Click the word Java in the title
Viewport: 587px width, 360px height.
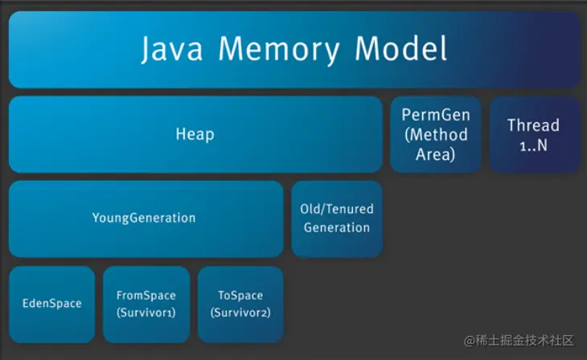pos(173,49)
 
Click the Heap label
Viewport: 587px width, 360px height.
pos(195,133)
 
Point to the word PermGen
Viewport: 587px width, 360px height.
pos(436,115)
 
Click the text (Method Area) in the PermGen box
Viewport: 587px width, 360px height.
pos(436,144)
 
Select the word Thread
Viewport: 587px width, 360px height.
pos(533,125)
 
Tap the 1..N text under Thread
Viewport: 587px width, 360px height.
pos(533,145)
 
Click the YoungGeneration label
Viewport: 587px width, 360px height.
pos(144,218)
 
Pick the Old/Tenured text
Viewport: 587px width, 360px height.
pos(337,208)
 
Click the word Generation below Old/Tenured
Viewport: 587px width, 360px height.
pos(337,227)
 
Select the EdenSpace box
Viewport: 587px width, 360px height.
pos(52,304)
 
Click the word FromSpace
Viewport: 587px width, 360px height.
pos(146,295)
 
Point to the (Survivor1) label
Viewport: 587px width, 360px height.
pos(146,312)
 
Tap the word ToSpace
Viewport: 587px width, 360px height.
pos(240,295)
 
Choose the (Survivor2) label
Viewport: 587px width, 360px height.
pos(240,312)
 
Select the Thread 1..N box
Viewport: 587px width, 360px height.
pos(534,135)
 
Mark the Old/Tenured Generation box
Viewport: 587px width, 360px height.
pos(337,219)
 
